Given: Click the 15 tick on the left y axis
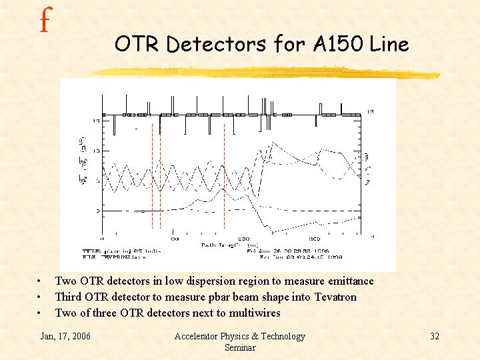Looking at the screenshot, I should tap(97, 121).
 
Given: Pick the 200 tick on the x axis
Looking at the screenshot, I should tap(244, 238).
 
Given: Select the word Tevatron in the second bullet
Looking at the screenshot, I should tap(331, 297).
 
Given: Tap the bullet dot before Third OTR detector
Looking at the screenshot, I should tap(41, 297).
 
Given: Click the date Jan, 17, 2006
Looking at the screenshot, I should tap(66, 336).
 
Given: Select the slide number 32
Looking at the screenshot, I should tap(434, 336).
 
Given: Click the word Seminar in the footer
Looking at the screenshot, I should tap(239, 347).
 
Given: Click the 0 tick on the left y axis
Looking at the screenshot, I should tap(98, 211).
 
